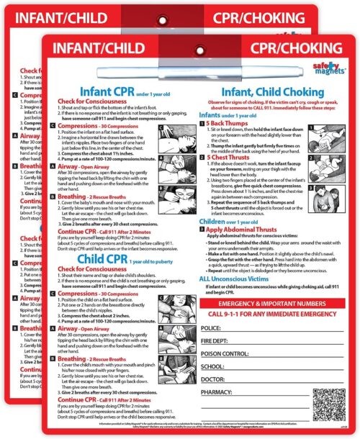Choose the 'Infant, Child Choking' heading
(x=256, y=112)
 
